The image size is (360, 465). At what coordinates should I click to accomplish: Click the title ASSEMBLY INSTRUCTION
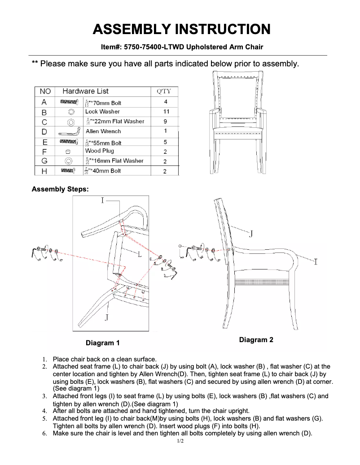[x=181, y=30]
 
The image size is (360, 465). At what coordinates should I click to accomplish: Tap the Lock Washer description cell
[x=102, y=112]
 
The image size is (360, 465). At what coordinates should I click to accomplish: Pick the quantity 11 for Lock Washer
[x=166, y=112]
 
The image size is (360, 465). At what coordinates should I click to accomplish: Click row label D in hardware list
[x=44, y=131]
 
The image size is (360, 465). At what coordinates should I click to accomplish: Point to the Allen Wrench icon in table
[x=69, y=132]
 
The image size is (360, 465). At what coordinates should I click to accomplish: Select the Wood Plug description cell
[x=100, y=151]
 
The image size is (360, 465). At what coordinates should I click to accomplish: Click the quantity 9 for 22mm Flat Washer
[x=165, y=121]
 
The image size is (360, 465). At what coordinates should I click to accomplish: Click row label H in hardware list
[x=44, y=171]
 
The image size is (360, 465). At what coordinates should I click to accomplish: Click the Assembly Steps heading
[x=60, y=189]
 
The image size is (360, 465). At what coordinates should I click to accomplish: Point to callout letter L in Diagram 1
[x=140, y=255]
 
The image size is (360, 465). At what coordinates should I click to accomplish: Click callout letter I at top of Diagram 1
[x=102, y=200]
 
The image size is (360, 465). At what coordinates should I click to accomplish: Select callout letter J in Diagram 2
[x=251, y=234]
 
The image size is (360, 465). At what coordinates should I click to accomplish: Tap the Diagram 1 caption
[x=103, y=343]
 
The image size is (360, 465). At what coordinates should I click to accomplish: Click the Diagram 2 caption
[x=256, y=340]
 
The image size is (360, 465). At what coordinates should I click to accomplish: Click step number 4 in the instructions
[x=44, y=411]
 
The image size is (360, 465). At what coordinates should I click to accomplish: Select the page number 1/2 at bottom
[x=180, y=441]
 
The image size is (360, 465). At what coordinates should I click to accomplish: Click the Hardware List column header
[x=85, y=91]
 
